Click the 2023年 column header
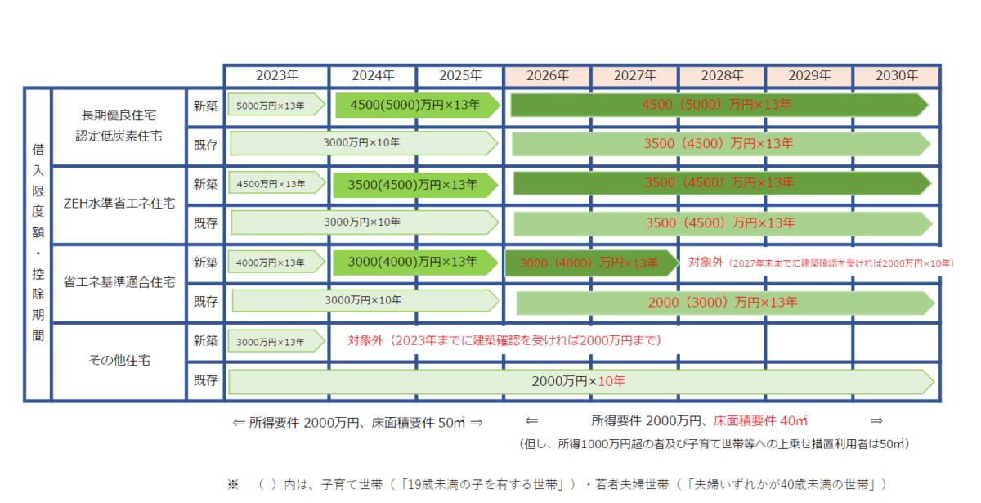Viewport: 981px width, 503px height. (x=277, y=75)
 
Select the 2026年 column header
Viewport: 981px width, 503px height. (x=548, y=75)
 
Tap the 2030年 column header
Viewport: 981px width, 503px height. (x=897, y=75)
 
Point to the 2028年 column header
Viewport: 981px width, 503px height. (x=722, y=75)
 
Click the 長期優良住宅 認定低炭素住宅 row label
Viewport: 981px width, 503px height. (x=119, y=125)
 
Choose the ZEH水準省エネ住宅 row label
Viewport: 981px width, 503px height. (x=119, y=204)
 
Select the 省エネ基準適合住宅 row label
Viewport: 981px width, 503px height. (x=119, y=282)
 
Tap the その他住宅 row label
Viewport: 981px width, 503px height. (x=119, y=360)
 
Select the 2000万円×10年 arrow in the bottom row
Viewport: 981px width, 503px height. (x=580, y=381)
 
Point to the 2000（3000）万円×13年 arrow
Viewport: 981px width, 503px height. (x=724, y=302)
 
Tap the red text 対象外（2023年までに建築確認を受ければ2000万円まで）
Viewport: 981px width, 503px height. (x=504, y=339)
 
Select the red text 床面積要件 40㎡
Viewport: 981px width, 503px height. (x=760, y=420)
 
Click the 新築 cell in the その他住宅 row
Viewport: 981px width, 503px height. (x=206, y=340)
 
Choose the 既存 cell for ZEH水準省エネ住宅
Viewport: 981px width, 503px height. (x=206, y=222)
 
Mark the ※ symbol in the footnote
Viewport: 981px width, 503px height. (x=233, y=484)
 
